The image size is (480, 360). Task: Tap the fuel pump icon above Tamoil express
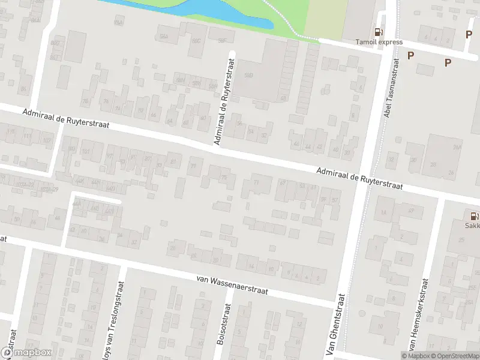tap(378, 32)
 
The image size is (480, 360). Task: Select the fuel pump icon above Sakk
tap(474, 215)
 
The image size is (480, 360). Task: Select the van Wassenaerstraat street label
tap(232, 284)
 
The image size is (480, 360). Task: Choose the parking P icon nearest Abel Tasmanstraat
tap(411, 56)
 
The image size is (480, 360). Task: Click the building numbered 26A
tap(457, 148)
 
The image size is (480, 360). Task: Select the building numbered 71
tap(257, 183)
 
